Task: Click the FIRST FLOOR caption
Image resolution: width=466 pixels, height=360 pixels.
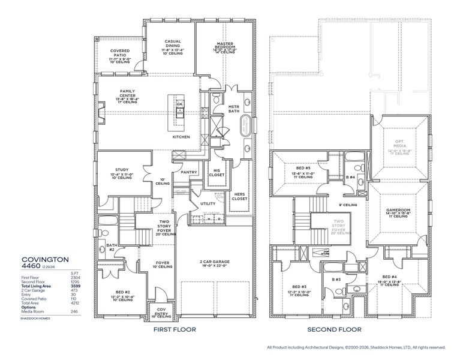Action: (x=175, y=329)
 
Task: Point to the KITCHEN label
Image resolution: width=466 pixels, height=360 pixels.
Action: (x=181, y=137)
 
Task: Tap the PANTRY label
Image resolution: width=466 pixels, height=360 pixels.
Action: (x=189, y=172)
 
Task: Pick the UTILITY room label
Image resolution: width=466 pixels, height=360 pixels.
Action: (x=208, y=203)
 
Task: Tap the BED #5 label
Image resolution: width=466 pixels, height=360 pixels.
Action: (x=302, y=168)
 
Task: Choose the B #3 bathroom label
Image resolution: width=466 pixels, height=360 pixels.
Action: (x=336, y=280)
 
